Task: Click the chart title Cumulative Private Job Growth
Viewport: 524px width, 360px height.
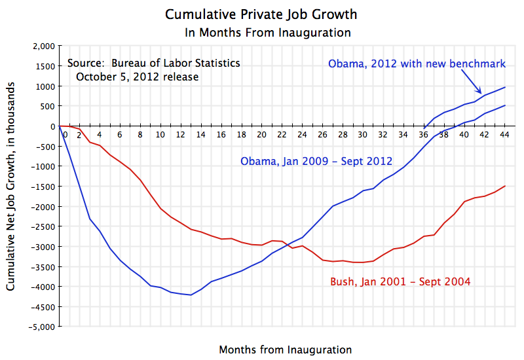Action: coord(262,14)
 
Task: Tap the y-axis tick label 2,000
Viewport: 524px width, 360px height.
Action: coord(41,46)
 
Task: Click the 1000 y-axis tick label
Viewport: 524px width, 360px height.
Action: coord(44,86)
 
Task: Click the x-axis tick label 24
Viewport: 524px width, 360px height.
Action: coord(302,135)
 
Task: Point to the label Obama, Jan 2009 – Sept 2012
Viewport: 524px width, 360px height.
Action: coord(316,161)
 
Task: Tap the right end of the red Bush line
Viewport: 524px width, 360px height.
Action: coord(504,186)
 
